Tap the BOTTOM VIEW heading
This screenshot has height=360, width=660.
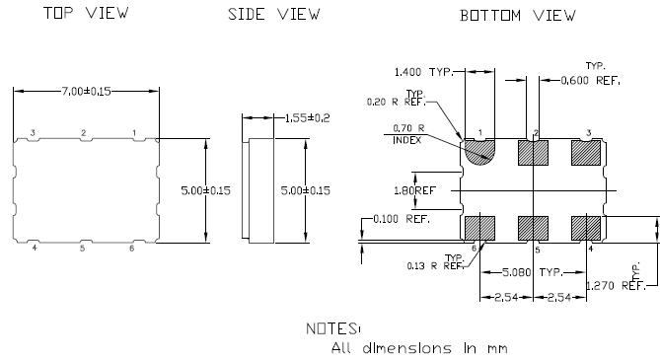click(518, 16)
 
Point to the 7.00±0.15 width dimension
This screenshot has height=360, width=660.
click(86, 91)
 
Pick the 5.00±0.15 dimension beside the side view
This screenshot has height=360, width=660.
click(306, 190)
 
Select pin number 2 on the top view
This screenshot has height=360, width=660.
click(84, 132)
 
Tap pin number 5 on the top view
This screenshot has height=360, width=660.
click(84, 248)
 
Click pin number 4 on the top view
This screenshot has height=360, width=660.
click(34, 248)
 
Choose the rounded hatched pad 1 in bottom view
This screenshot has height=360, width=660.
click(480, 152)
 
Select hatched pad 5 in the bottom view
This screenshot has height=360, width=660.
click(534, 227)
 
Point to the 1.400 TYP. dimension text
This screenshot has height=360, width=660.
click(424, 72)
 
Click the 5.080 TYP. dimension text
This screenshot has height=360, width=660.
click(533, 271)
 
